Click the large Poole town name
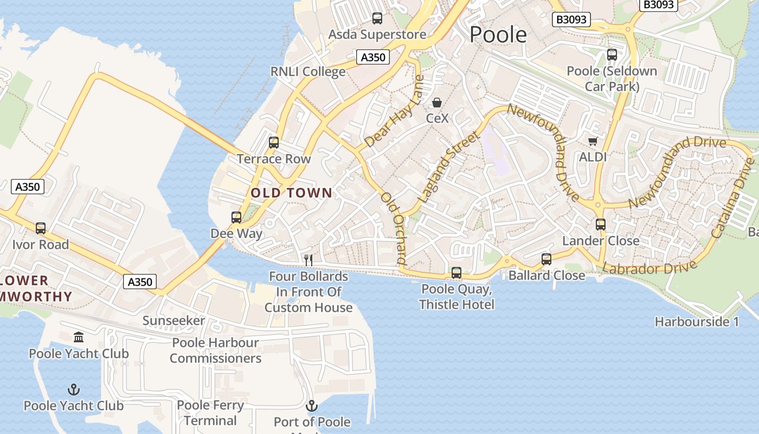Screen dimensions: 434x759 (x=498, y=34)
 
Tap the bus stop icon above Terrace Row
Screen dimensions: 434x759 (x=274, y=143)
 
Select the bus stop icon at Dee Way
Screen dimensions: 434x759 (x=236, y=218)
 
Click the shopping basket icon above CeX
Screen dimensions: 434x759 (x=437, y=103)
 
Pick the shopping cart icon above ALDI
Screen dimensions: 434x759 (x=593, y=141)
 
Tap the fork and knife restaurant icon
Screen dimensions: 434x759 (x=308, y=260)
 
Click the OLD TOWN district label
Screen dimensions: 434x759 (x=291, y=193)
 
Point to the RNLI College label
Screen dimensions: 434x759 (x=308, y=72)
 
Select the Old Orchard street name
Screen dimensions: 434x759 (x=394, y=228)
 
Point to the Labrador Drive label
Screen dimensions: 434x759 (x=649, y=268)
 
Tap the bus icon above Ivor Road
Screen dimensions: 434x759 (x=41, y=228)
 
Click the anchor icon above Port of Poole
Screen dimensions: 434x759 (x=312, y=406)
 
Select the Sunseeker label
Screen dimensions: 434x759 (x=173, y=321)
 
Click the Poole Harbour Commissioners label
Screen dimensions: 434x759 (x=215, y=350)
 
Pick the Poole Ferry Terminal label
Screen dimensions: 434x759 (x=210, y=413)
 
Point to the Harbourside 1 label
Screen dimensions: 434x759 (x=697, y=322)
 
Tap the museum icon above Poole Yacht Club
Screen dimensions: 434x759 (x=79, y=337)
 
